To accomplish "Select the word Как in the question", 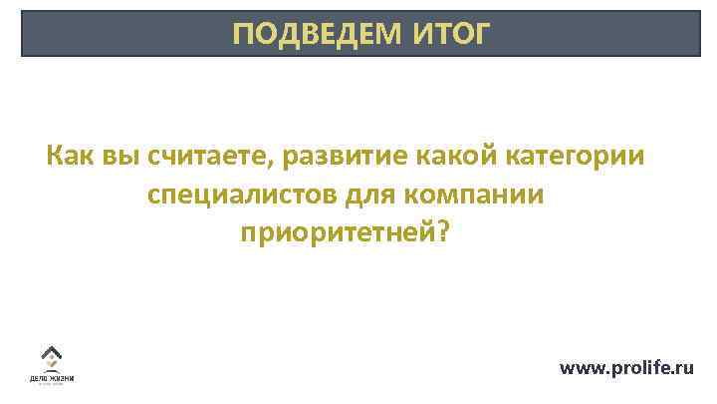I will click(x=69, y=157).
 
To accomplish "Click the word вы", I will click(x=121, y=157).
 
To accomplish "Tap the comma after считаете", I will click(x=276, y=165).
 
